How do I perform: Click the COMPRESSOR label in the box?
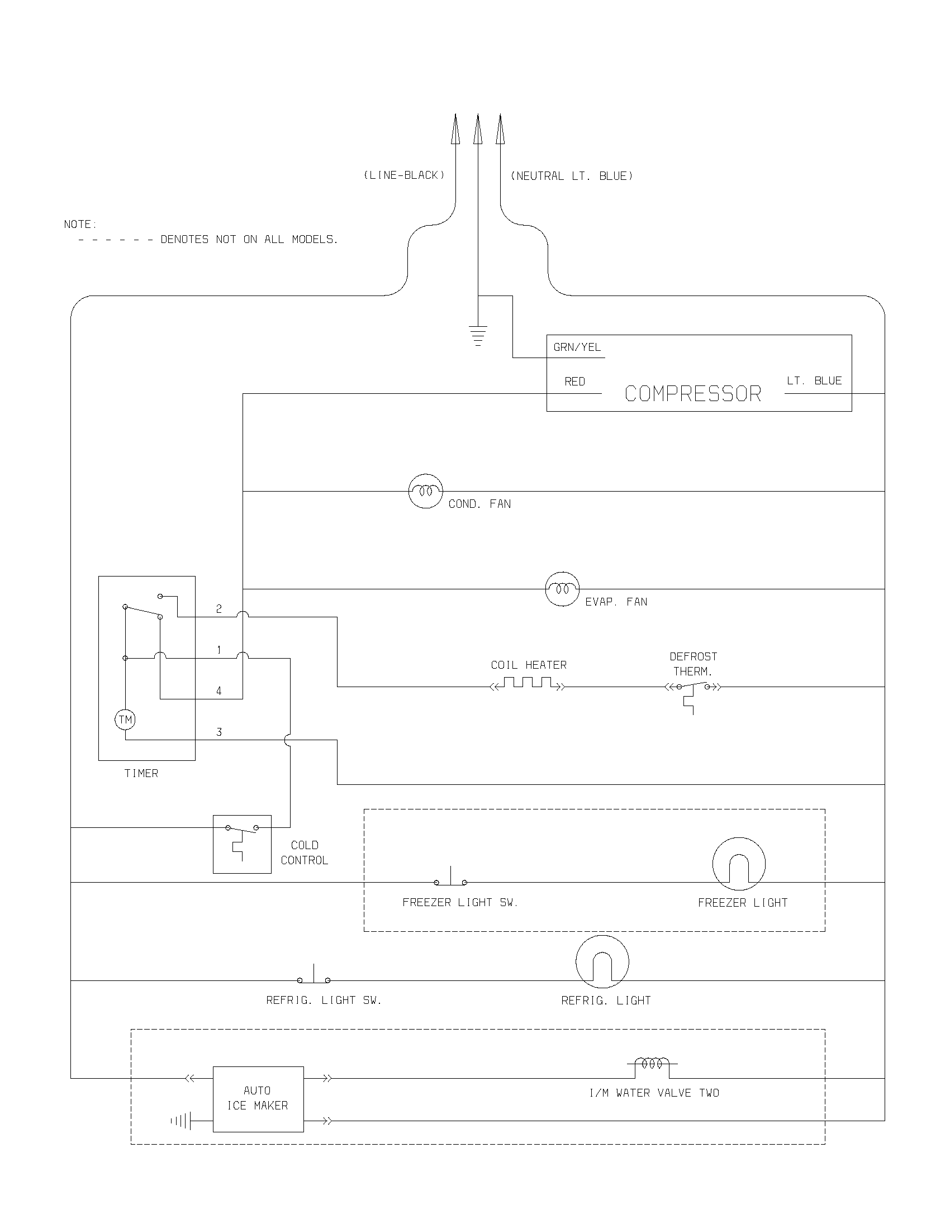(x=693, y=394)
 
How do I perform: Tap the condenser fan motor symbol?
(x=425, y=490)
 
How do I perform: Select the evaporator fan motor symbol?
(x=562, y=589)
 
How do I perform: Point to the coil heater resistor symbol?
(x=528, y=684)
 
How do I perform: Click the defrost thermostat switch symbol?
(x=693, y=688)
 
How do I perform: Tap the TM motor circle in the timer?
(x=125, y=720)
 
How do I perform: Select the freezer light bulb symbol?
(x=738, y=864)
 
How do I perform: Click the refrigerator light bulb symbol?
(x=602, y=962)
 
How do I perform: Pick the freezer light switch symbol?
(x=450, y=879)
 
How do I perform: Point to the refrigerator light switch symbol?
(x=313, y=978)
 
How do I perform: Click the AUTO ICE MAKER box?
(x=258, y=1098)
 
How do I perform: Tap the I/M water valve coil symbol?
(x=652, y=1063)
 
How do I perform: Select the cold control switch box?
(x=242, y=844)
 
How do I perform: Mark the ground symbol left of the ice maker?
(x=181, y=1122)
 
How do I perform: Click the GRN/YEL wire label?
(x=577, y=347)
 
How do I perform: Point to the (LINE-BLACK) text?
(x=404, y=175)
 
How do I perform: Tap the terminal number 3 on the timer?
(x=219, y=732)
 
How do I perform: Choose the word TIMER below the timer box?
(x=141, y=774)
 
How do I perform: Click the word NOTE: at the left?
(x=80, y=225)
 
